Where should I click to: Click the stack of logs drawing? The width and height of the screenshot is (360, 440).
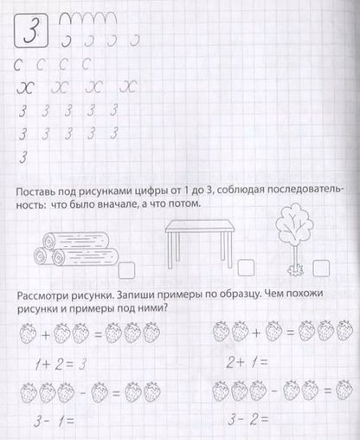(74, 246)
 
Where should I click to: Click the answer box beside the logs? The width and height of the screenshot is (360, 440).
(127, 268)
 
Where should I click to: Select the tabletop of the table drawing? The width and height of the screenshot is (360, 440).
(198, 222)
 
